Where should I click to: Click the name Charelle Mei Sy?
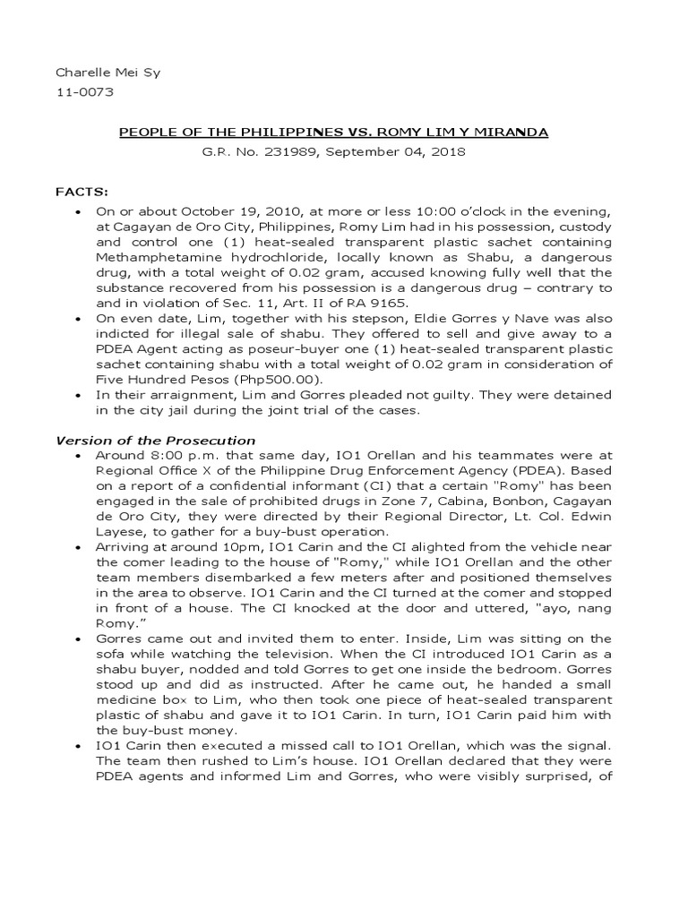pyautogui.click(x=97, y=73)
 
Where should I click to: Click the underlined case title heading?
pyautogui.click(x=334, y=133)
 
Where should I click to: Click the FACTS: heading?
pyautogui.click(x=82, y=191)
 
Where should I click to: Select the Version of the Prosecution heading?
pyautogui.click(x=156, y=441)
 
